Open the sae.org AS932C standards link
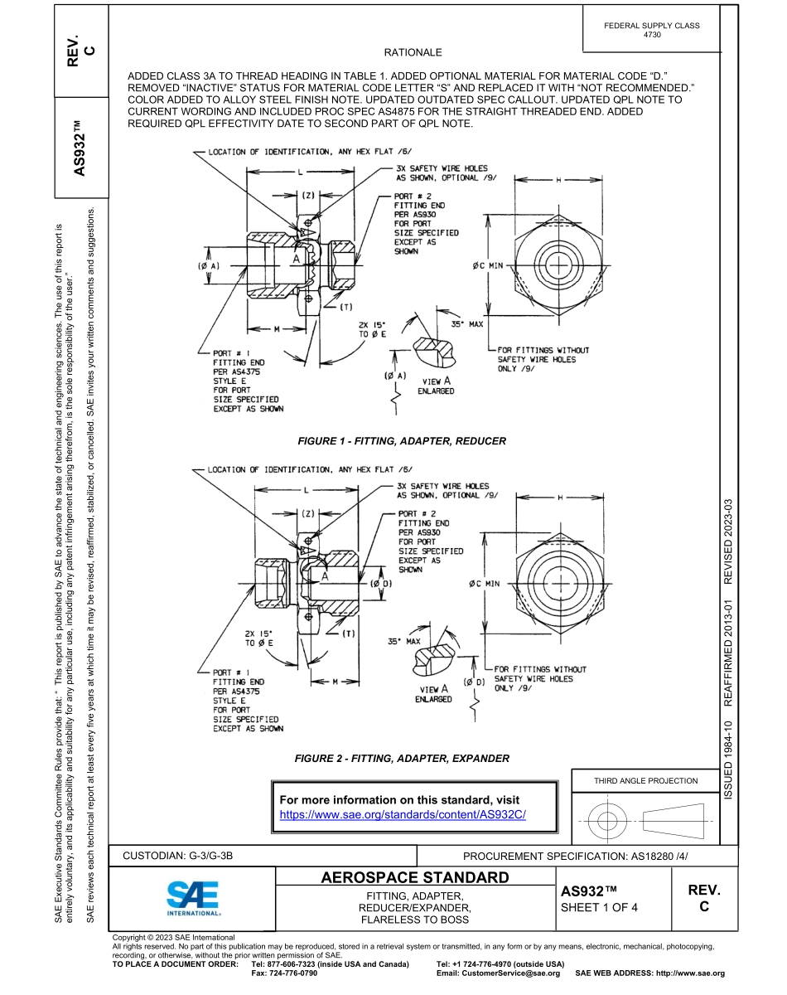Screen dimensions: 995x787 (403, 814)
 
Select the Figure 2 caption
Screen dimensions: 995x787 (402, 758)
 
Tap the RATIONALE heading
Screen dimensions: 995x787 (413, 52)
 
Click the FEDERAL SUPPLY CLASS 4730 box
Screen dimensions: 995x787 (652, 30)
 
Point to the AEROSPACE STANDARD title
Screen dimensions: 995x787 (414, 877)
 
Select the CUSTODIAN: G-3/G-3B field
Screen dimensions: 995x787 (184, 855)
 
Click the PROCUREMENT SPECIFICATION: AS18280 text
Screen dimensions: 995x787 (575, 856)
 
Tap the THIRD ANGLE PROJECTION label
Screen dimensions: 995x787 (645, 780)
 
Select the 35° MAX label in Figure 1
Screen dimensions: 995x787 (466, 324)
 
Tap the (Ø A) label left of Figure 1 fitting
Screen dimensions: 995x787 (208, 266)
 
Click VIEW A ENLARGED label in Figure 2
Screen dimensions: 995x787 (433, 694)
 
